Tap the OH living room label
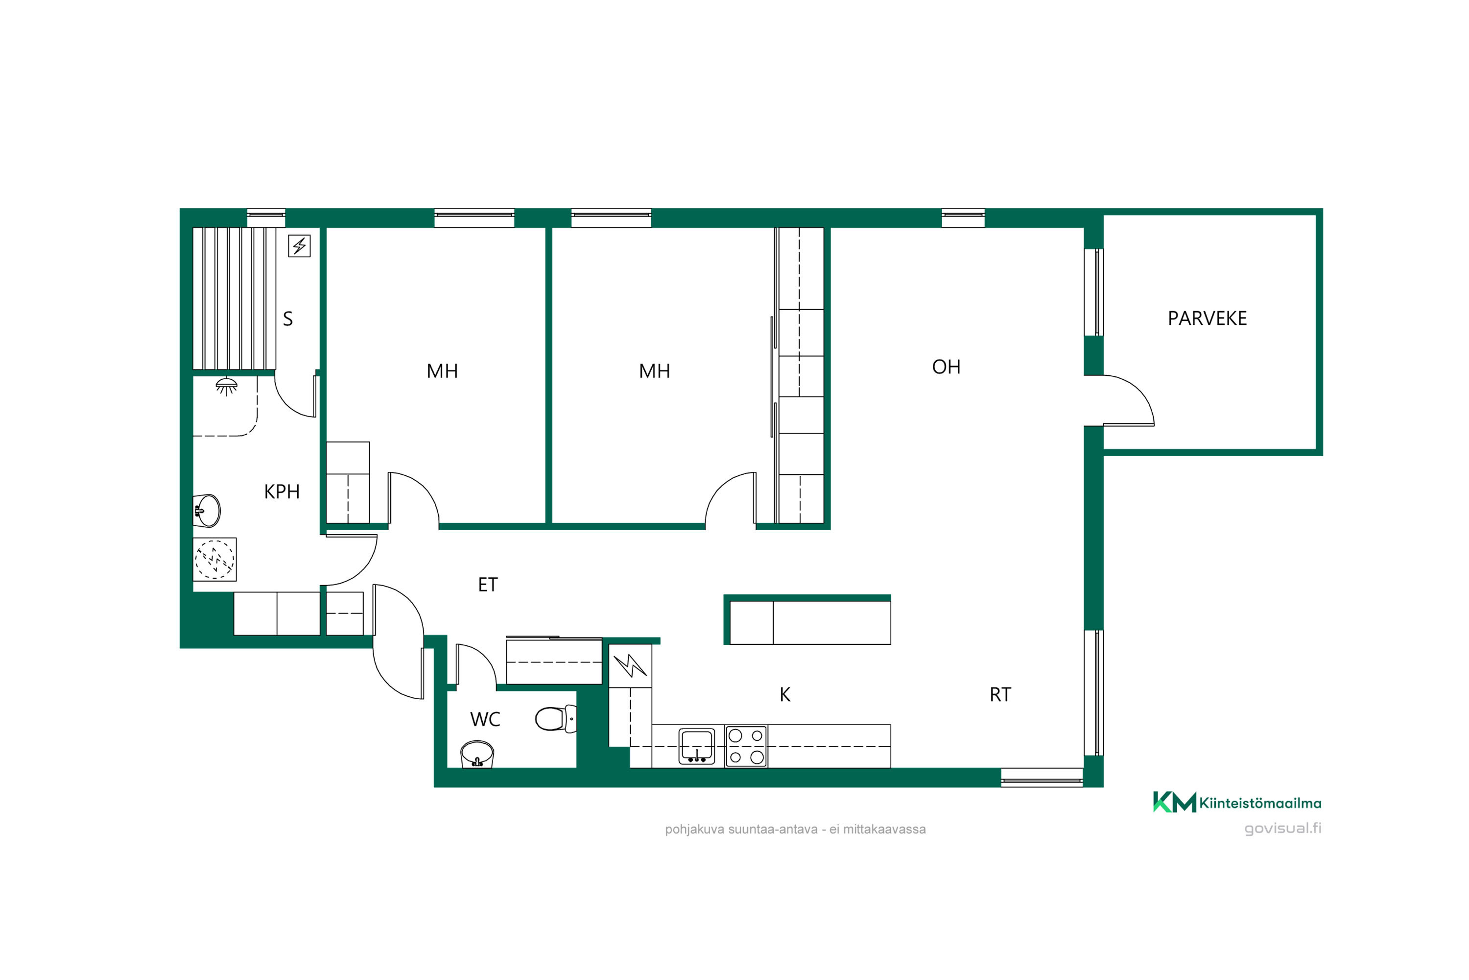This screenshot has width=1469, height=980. click(x=946, y=367)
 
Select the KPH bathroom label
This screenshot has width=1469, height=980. click(x=282, y=492)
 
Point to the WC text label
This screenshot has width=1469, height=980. click(x=485, y=719)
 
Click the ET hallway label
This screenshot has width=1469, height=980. click(x=488, y=585)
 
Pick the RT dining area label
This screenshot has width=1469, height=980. click(x=1000, y=694)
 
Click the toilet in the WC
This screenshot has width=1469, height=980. click(x=556, y=719)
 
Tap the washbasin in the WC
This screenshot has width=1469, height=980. click(x=477, y=755)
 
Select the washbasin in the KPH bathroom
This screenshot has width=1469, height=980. click(x=207, y=511)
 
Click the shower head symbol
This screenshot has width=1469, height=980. click(x=226, y=386)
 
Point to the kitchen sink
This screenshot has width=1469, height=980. click(x=696, y=746)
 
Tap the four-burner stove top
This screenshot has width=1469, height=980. click(x=746, y=746)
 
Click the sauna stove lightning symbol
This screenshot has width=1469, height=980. click(x=299, y=245)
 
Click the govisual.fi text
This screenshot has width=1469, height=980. click(x=1283, y=828)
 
